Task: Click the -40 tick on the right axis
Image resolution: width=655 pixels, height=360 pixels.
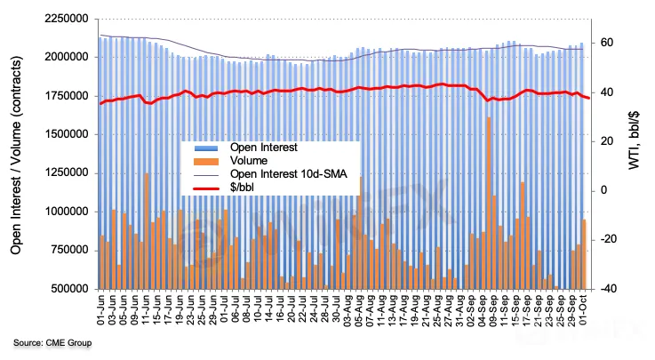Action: (x=609, y=289)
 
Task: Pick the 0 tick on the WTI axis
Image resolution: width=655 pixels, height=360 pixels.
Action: (x=610, y=190)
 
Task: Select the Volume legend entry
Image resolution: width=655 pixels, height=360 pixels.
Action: (x=248, y=161)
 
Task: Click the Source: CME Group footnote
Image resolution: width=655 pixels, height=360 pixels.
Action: (x=52, y=342)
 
